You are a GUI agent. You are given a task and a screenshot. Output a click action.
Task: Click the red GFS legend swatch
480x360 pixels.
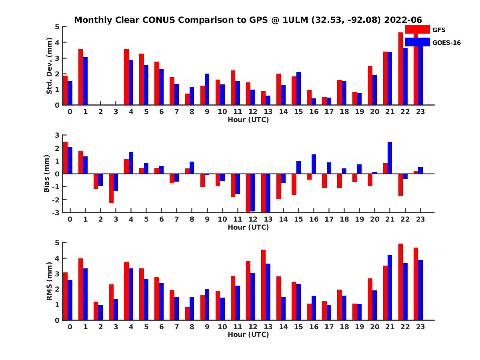click(417, 30)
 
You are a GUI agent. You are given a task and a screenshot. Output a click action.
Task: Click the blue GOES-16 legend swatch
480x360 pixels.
click(417, 42)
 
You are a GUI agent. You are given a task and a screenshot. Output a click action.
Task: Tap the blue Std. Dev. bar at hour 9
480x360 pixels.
click(207, 89)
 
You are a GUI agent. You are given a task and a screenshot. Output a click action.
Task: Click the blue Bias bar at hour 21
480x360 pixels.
click(390, 158)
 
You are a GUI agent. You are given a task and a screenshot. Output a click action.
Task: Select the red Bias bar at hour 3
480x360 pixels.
click(111, 188)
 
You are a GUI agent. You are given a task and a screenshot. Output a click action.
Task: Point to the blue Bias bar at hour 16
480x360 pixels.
click(314, 164)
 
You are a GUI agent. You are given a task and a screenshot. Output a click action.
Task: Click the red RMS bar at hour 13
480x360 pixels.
click(263, 285)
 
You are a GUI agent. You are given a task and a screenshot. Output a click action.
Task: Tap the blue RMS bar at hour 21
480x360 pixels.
click(390, 288)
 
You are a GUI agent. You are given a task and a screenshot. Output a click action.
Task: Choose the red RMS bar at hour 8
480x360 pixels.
click(187, 314)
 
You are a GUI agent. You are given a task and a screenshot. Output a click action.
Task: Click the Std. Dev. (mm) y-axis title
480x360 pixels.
click(50, 66)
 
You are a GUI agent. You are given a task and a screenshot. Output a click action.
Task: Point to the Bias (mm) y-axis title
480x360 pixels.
click(46, 173)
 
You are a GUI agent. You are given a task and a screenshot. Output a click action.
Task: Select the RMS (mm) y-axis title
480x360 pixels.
click(50, 282)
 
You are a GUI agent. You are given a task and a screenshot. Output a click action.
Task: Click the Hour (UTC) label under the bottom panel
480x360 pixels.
click(248, 334)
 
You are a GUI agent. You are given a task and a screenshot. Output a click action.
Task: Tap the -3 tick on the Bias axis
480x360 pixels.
click(57, 212)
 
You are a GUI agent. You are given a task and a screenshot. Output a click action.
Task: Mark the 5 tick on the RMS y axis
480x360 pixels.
click(57, 243)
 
